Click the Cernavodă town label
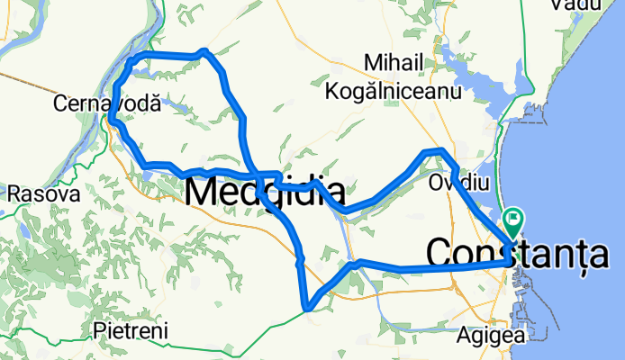tap(107, 103)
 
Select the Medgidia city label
tap(265, 192)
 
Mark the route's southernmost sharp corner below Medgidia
tap(308, 308)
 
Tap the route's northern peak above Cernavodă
tap(205, 52)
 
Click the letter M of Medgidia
tap(203, 192)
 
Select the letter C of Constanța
tap(439, 253)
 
